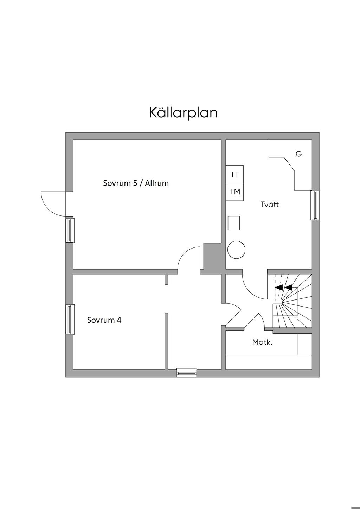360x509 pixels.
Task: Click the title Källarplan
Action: click(183, 112)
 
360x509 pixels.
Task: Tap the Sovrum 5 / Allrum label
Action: click(136, 183)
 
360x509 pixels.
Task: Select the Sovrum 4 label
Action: click(104, 320)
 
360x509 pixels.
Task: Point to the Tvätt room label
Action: click(270, 205)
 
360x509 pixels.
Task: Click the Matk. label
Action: click(262, 342)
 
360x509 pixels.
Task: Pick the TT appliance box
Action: click(234, 174)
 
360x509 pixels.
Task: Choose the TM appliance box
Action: click(234, 192)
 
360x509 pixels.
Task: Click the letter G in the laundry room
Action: click(298, 154)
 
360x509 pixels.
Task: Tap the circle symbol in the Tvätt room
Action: click(236, 250)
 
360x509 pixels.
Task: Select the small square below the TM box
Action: click(234, 223)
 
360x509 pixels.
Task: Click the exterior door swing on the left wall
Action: click(53, 203)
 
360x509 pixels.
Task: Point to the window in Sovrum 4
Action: click(70, 319)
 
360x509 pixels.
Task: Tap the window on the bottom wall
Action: click(187, 372)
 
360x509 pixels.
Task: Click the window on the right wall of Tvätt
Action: click(315, 205)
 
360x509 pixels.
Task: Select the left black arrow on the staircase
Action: click(279, 287)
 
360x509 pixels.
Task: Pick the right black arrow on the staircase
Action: click(288, 287)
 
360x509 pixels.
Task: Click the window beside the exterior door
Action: click(70, 230)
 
